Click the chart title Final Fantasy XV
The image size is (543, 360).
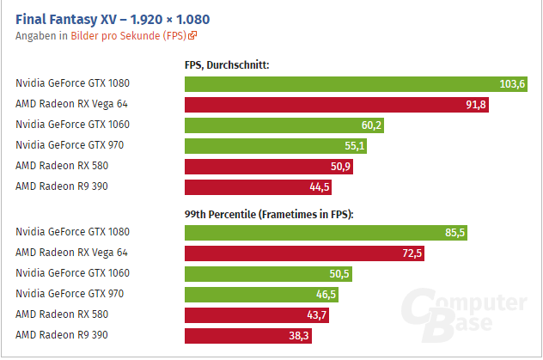pyautogui.click(x=113, y=18)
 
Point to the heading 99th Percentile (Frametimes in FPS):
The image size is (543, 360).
pyautogui.click(x=269, y=212)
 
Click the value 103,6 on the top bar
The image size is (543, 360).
pyautogui.click(x=512, y=83)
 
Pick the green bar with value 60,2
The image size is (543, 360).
pyautogui.click(x=284, y=125)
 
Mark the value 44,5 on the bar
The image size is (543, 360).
pyautogui.click(x=320, y=186)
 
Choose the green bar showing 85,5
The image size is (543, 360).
pyautogui.click(x=326, y=232)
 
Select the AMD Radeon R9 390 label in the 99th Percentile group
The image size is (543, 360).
pyautogui.click(x=62, y=335)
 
